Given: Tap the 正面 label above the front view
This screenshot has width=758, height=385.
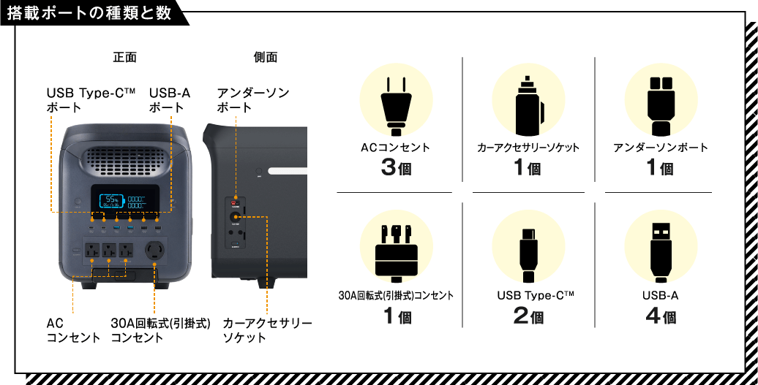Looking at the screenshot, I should [124, 57].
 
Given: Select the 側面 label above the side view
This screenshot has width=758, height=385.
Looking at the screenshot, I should [265, 57].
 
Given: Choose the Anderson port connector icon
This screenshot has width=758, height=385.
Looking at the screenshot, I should [660, 99].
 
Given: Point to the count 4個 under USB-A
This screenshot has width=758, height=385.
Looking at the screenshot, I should [660, 316].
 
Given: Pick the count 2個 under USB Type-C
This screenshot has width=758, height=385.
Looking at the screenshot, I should [528, 316].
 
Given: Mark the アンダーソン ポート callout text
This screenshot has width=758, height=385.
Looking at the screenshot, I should [253, 100].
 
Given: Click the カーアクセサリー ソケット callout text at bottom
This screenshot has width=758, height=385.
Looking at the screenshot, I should [267, 330].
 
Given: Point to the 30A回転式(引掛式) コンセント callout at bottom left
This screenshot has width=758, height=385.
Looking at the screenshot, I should [160, 330].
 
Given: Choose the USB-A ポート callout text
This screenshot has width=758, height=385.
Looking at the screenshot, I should [170, 100].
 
